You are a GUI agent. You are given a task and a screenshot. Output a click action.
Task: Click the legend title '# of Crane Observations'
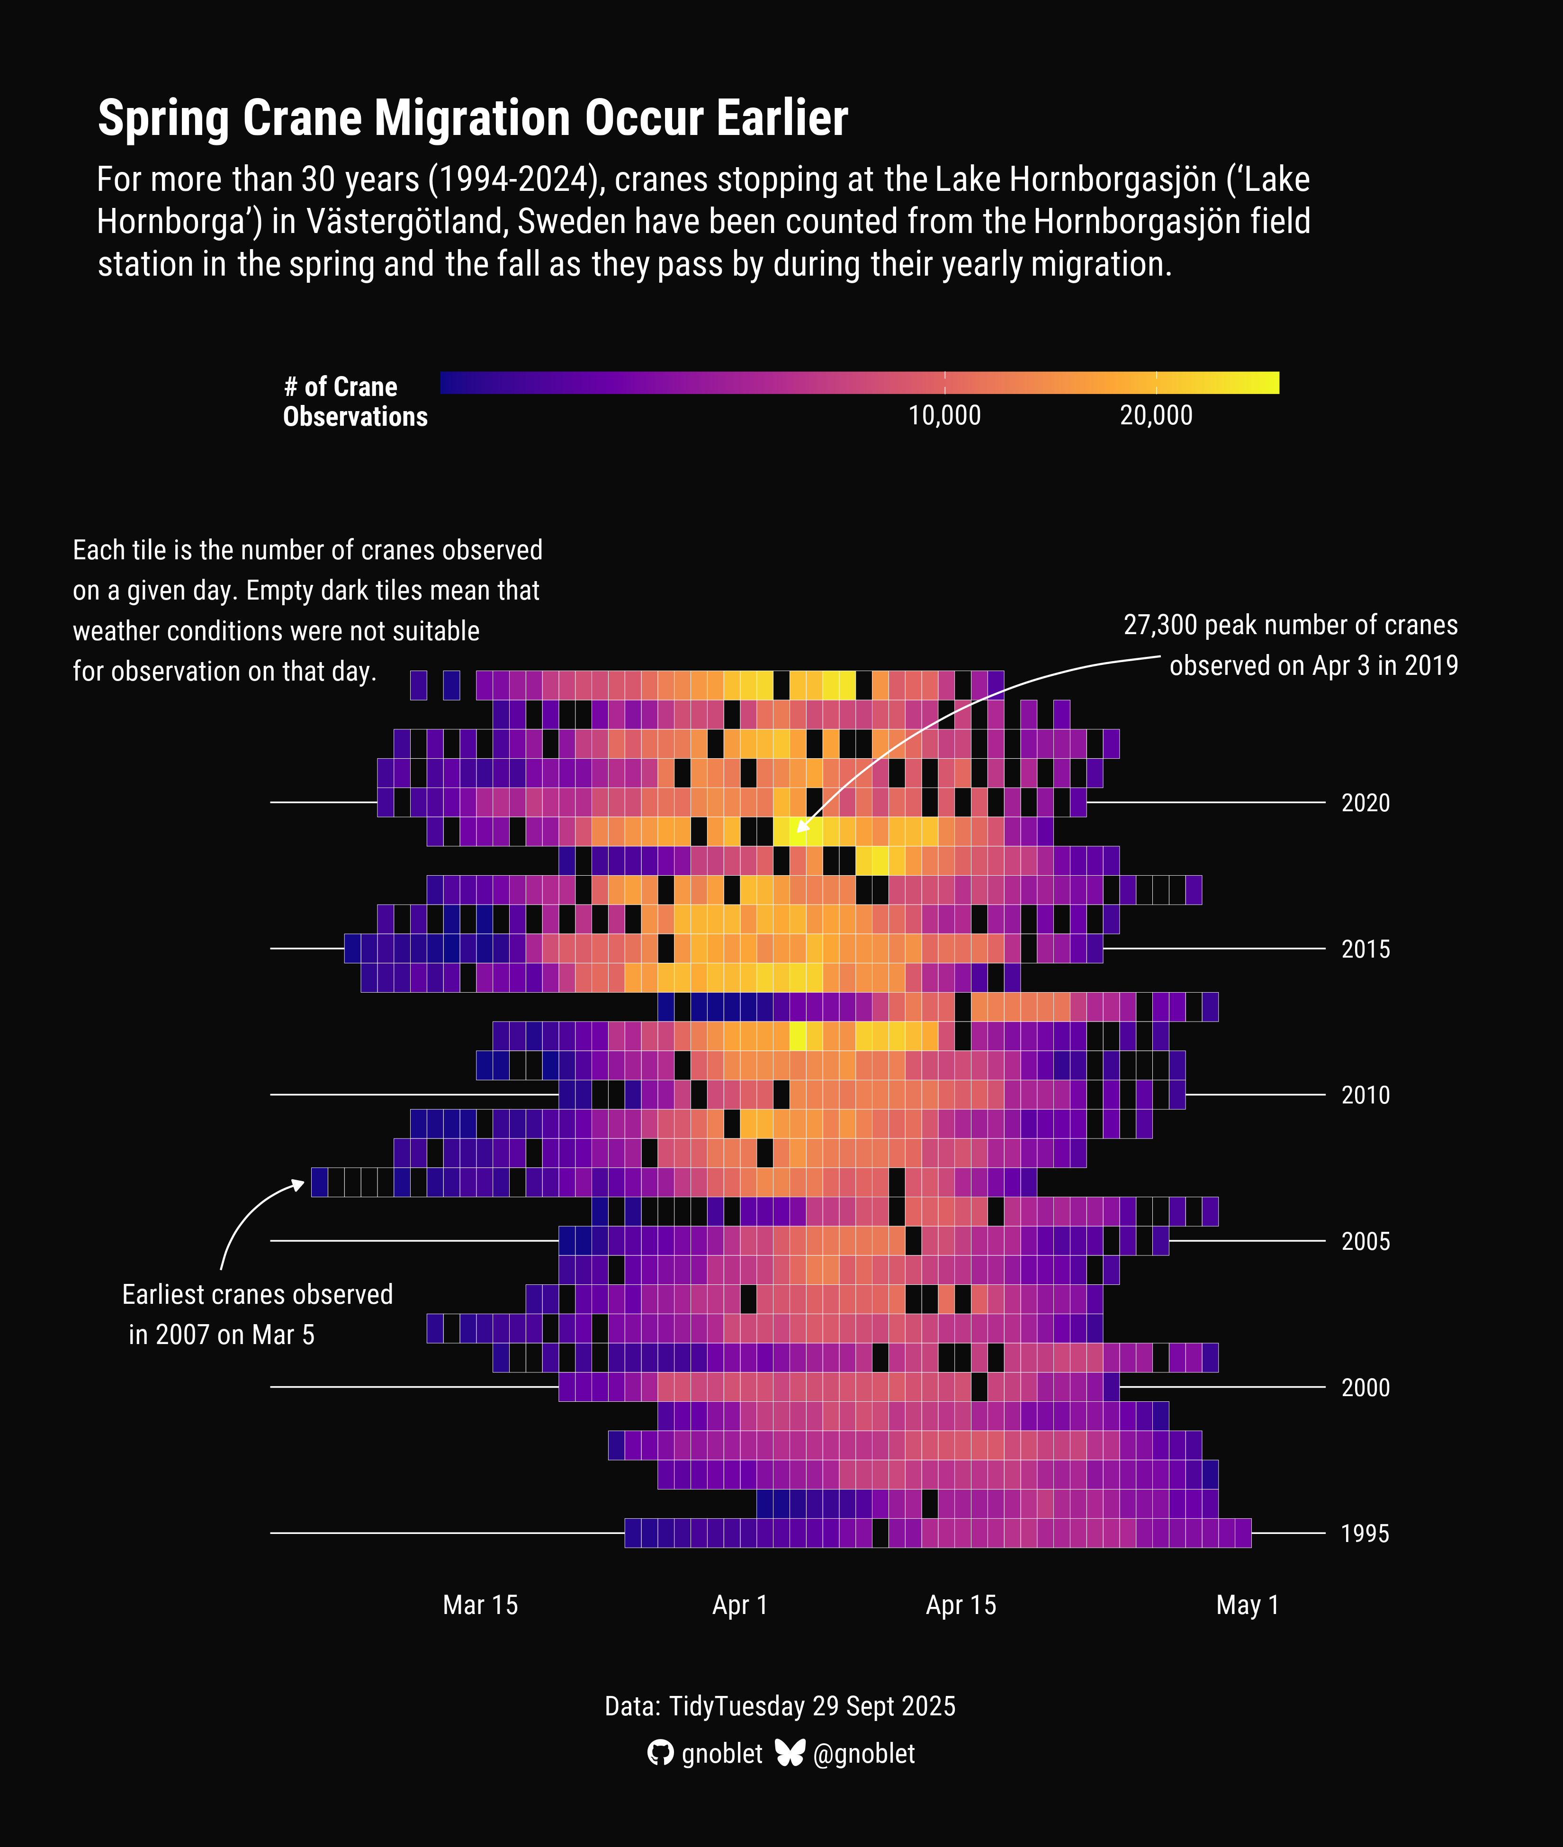coord(354,401)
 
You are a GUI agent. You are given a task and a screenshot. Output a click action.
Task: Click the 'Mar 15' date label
coord(480,1605)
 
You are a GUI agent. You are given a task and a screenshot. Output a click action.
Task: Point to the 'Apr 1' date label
coord(740,1605)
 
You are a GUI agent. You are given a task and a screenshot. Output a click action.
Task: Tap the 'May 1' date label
coord(1248,1605)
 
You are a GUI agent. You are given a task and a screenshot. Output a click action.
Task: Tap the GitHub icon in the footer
coord(660,1753)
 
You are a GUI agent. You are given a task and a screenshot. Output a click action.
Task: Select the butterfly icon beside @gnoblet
coord(790,1752)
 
